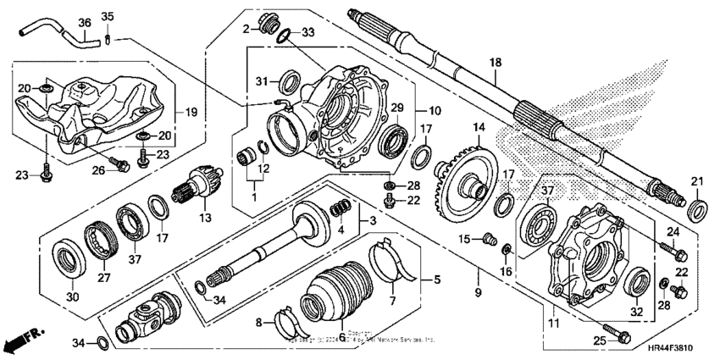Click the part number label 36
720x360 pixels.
pos(84,22)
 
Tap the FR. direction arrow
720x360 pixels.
pos(22,342)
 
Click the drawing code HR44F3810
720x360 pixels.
pos(676,348)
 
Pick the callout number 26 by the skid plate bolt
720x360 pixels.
pos(100,169)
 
